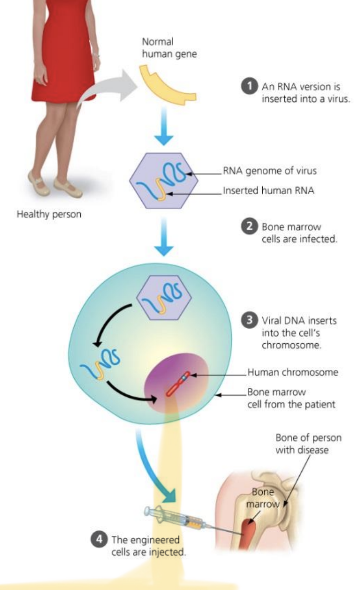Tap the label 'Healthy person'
click(49, 214)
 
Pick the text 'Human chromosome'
click(292, 372)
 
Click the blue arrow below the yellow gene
click(163, 133)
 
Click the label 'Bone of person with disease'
click(308, 444)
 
